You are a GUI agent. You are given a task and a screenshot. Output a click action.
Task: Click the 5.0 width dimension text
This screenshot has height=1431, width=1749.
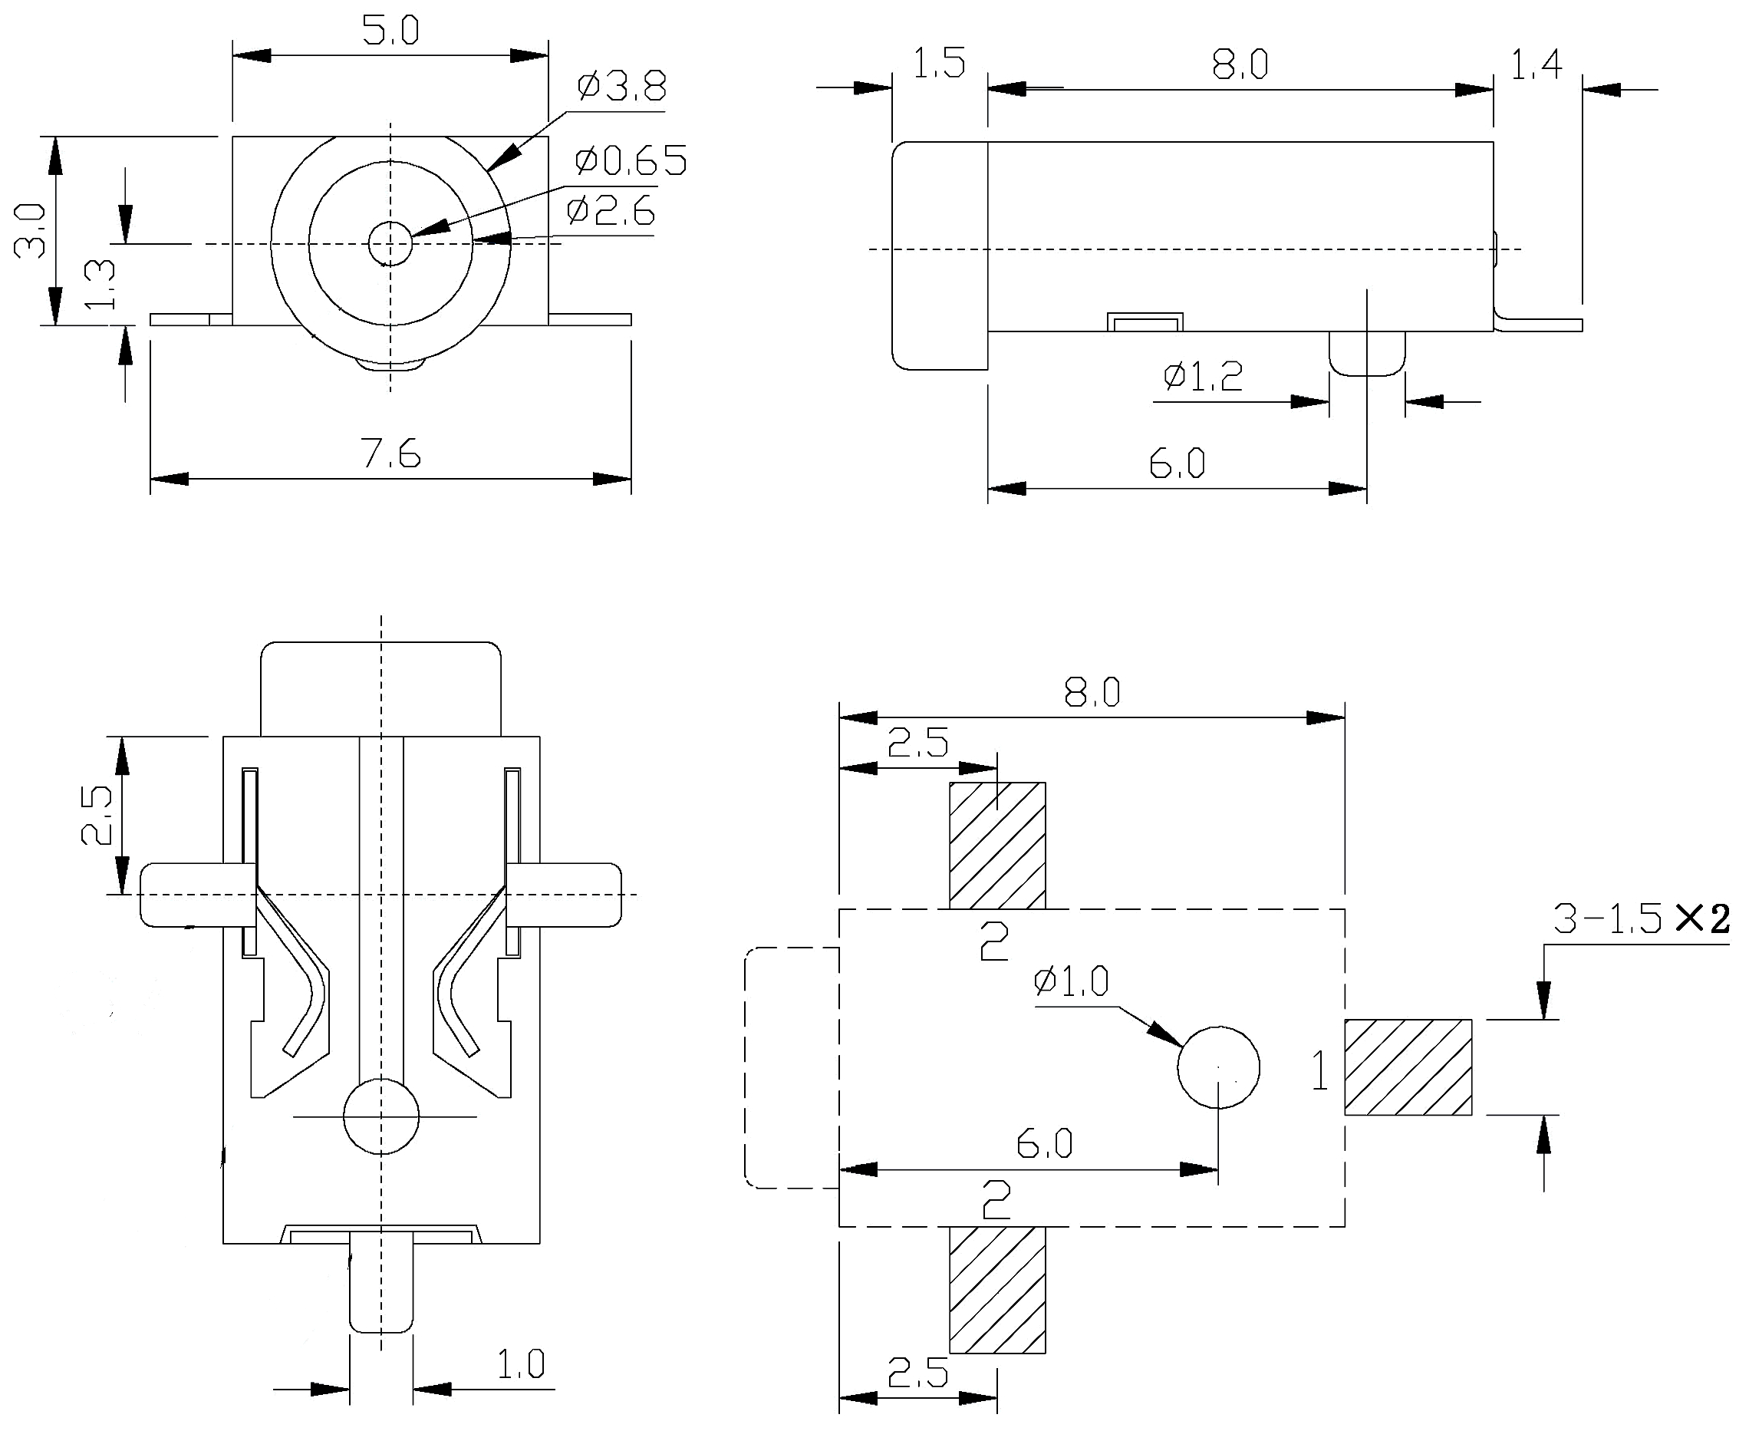tap(390, 31)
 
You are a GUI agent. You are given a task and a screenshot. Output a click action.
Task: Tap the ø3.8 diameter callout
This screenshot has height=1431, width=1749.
tap(621, 86)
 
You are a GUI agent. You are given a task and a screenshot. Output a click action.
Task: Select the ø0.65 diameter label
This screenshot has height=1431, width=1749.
tap(631, 160)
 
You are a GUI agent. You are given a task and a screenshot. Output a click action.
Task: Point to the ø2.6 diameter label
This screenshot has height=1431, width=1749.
tap(611, 211)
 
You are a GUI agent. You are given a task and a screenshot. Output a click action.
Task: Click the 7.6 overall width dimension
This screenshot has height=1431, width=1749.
tap(390, 454)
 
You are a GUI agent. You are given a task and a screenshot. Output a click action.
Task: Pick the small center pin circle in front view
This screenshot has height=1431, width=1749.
tap(390, 243)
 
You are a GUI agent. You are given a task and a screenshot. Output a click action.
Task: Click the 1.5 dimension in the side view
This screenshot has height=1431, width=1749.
tap(939, 64)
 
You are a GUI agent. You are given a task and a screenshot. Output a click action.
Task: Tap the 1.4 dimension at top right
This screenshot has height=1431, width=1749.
tap(1535, 65)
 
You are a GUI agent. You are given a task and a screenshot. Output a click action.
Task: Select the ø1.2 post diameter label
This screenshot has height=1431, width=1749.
tap(1203, 377)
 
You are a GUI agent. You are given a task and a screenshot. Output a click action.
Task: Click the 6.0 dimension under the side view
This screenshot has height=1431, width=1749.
tap(1176, 464)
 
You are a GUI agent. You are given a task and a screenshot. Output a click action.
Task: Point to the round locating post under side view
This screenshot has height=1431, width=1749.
tap(1366, 354)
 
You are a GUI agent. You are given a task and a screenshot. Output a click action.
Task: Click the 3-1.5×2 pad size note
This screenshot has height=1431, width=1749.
tap(1641, 918)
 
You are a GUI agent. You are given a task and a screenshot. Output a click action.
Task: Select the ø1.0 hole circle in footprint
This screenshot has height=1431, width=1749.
tap(1218, 1067)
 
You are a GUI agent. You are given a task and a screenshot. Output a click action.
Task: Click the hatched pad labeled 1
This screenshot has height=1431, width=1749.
tap(1408, 1067)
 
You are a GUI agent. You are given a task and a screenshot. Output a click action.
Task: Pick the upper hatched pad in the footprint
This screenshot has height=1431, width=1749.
tap(997, 845)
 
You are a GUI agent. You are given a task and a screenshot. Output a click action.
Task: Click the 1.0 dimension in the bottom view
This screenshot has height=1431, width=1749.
tap(520, 1364)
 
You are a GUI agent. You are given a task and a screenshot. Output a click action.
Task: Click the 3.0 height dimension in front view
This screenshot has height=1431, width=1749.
tap(31, 231)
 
